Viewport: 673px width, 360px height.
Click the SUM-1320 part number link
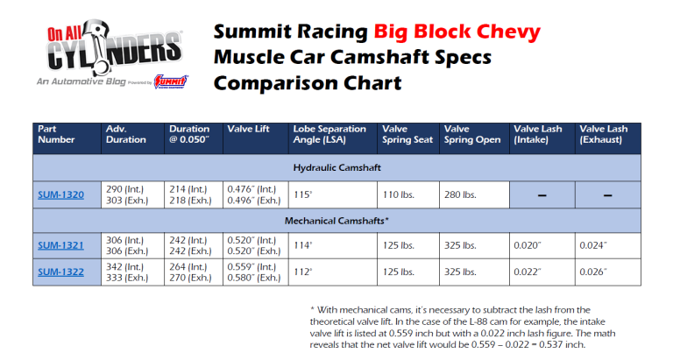tap(61, 194)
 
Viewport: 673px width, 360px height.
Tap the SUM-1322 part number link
tap(61, 272)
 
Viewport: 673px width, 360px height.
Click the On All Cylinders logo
tap(109, 53)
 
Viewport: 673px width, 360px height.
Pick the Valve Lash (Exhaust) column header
tap(603, 134)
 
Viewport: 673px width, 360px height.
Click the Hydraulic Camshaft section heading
tap(336, 166)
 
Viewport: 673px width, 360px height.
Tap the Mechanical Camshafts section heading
tap(336, 222)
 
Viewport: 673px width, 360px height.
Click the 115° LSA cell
tap(304, 194)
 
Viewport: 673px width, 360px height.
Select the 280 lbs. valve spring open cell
tap(459, 194)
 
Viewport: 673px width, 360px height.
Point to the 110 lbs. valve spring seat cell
tap(398, 194)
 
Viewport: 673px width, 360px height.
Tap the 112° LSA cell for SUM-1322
tap(303, 272)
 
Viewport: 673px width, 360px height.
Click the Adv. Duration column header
tap(126, 134)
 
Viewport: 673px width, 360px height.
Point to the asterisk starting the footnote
tap(313, 310)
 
